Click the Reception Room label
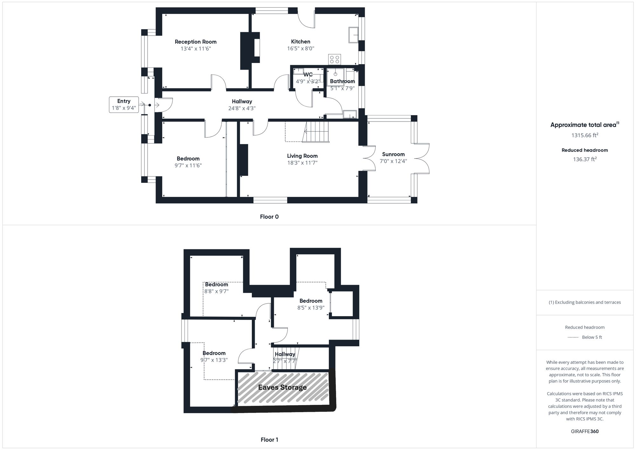coord(196,42)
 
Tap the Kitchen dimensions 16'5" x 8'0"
coord(301,49)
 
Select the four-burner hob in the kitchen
coord(335,59)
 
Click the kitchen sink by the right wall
coord(353,35)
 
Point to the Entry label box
coord(124,105)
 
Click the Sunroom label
coord(393,154)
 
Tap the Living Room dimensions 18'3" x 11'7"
coord(302,163)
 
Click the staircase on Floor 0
coord(316,132)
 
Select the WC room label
coord(308,75)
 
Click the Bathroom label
coord(342,81)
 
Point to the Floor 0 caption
coord(269,217)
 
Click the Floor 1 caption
coord(269,440)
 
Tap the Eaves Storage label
coord(282,387)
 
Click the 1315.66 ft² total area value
coord(584,135)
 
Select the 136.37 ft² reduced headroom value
coord(584,159)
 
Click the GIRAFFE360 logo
coord(584,432)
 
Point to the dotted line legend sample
coord(573,337)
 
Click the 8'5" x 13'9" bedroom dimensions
coord(311,308)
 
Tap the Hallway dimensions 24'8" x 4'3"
coord(242,108)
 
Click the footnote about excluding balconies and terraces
coord(584,302)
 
